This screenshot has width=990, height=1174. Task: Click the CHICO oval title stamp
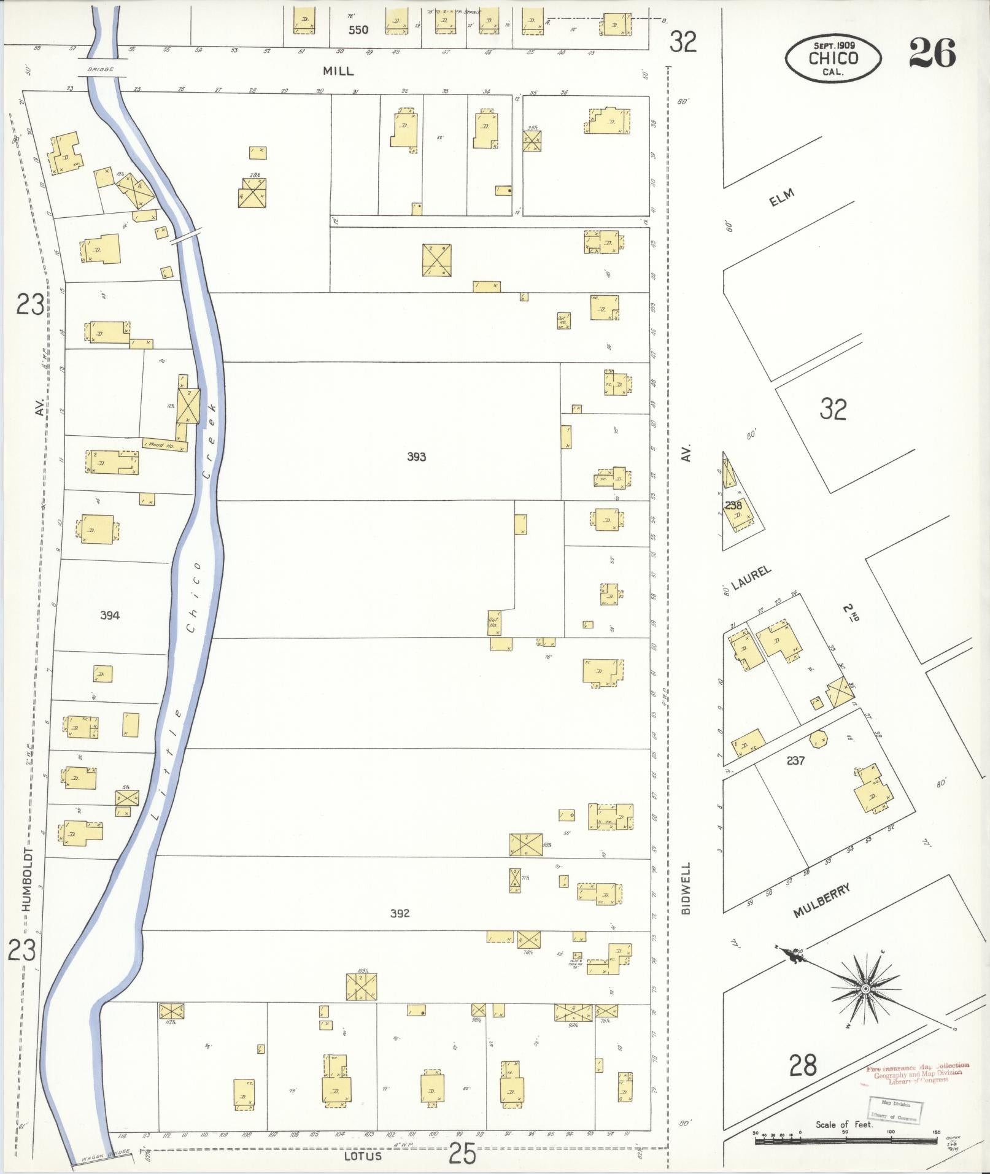click(833, 58)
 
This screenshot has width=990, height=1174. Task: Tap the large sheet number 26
click(932, 53)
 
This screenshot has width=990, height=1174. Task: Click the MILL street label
click(338, 71)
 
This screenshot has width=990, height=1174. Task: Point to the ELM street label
click(781, 198)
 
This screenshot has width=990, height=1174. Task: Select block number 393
click(416, 457)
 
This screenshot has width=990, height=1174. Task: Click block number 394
click(110, 616)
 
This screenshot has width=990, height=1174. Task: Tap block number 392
click(400, 913)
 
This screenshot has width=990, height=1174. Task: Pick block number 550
click(358, 29)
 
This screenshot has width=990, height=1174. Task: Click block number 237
click(795, 760)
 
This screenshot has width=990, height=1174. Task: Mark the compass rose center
click(864, 989)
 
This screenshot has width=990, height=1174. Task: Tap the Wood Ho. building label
click(159, 445)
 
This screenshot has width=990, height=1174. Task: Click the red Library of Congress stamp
click(917, 1073)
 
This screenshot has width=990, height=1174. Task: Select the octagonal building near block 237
click(818, 739)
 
